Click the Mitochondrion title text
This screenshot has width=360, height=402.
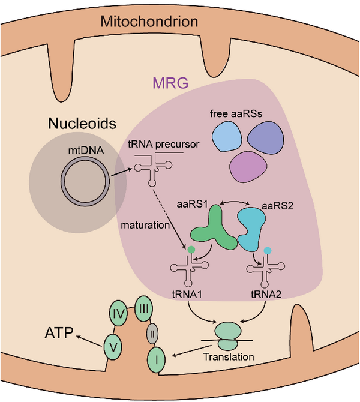click(149, 23)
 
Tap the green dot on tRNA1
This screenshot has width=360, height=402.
click(191, 248)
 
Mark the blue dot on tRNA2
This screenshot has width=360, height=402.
click(268, 249)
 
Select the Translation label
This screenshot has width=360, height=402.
click(229, 356)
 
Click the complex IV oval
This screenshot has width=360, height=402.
click(119, 313)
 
